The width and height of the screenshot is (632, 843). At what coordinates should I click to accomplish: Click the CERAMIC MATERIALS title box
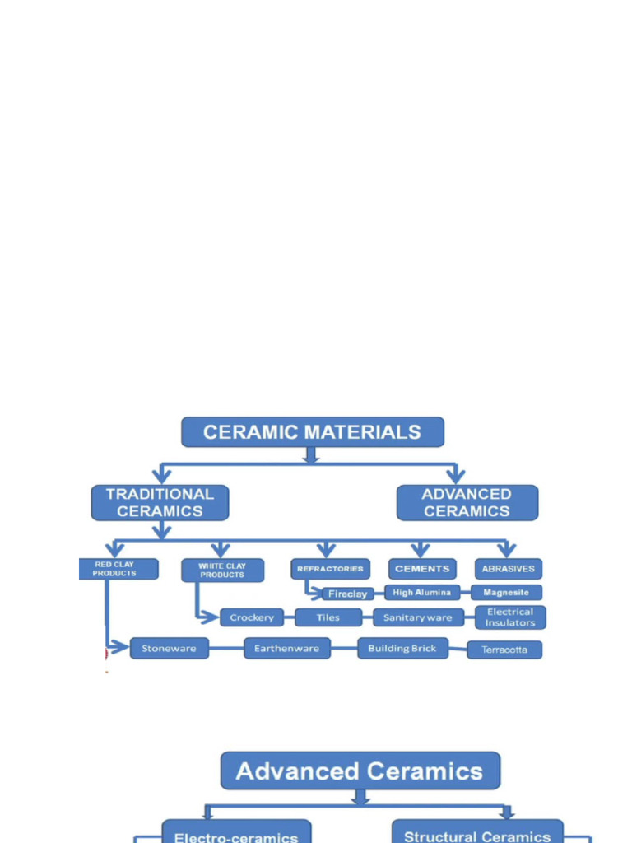point(312,432)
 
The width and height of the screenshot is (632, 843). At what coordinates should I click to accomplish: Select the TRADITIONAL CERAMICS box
point(160,502)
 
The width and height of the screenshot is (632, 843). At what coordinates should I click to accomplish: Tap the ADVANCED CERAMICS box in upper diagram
point(467,502)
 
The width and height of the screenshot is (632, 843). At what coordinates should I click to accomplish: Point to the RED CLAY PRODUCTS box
point(118,569)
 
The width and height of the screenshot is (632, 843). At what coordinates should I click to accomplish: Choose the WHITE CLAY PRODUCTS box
point(222,571)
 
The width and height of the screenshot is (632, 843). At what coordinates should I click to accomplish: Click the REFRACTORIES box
point(329,569)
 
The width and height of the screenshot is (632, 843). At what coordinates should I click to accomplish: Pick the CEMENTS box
point(422,569)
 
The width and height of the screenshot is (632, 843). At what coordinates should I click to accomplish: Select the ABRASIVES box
point(508,569)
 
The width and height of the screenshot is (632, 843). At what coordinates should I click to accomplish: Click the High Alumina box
point(421,593)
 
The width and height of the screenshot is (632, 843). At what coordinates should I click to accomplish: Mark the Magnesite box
point(506,593)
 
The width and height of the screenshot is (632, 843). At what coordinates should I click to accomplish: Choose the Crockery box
point(251,617)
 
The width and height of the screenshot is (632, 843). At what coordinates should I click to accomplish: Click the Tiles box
point(328,617)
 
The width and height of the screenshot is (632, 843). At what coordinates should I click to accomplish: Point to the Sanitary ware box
point(417,617)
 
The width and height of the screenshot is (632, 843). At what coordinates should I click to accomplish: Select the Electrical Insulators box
point(509,617)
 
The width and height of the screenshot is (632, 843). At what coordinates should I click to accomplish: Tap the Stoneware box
point(169,649)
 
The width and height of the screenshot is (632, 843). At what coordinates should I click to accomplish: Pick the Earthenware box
point(286,649)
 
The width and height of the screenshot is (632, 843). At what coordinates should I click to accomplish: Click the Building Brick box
point(402,649)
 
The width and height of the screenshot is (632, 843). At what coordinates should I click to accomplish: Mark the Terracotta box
point(504,650)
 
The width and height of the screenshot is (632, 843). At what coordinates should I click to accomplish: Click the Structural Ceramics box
point(477,833)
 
